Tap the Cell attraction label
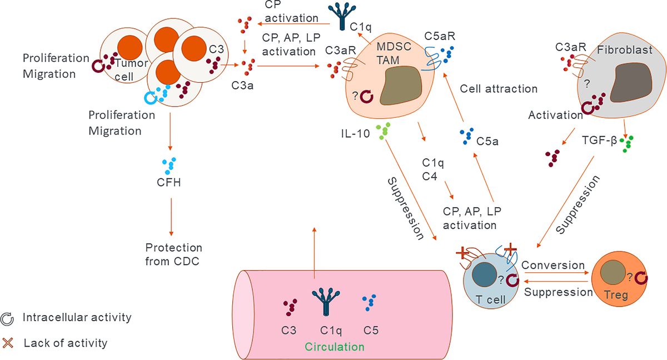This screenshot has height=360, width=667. [x=499, y=88]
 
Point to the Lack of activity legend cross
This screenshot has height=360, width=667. [x=8, y=343]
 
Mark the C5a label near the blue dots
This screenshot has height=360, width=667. [x=487, y=141]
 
